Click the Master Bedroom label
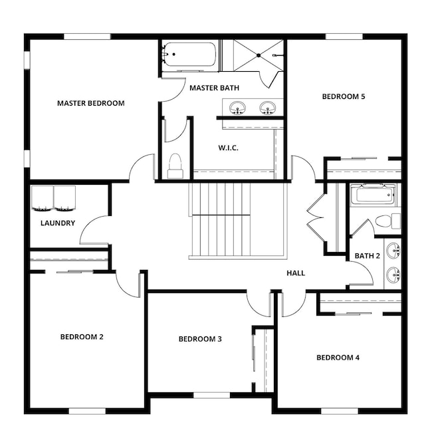tap(90, 103)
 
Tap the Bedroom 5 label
tap(344, 96)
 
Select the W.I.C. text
tap(228, 148)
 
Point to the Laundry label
tap(58, 223)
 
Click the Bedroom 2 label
tap(82, 336)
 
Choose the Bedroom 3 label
tap(200, 339)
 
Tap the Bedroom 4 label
tap(338, 358)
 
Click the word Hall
tap(296, 273)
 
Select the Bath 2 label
tap(367, 256)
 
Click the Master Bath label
tap(214, 88)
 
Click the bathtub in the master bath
tap(190, 55)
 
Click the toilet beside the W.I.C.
tap(175, 165)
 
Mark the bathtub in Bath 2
tap(372, 195)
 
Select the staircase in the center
tap(221, 221)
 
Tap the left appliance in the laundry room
tap(43, 199)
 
